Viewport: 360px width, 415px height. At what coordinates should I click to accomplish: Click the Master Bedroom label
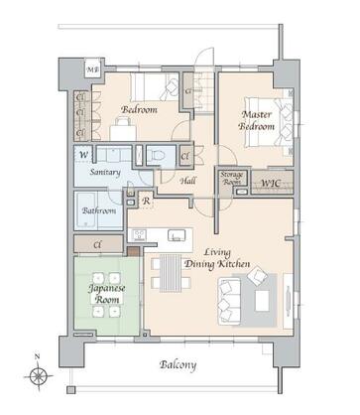[256, 120]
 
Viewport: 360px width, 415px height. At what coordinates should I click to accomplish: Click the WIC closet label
[269, 183]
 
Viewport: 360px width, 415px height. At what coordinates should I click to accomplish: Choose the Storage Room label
[230, 179]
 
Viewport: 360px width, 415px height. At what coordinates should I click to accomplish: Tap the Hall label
[187, 181]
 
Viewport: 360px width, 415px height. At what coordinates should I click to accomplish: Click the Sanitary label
[105, 172]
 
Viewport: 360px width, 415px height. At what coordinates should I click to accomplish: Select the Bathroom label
[99, 210]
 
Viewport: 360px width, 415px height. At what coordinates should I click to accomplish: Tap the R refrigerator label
[146, 202]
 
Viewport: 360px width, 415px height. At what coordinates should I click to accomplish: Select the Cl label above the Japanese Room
[96, 243]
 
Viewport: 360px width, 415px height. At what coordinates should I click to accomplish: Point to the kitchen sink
[176, 236]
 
